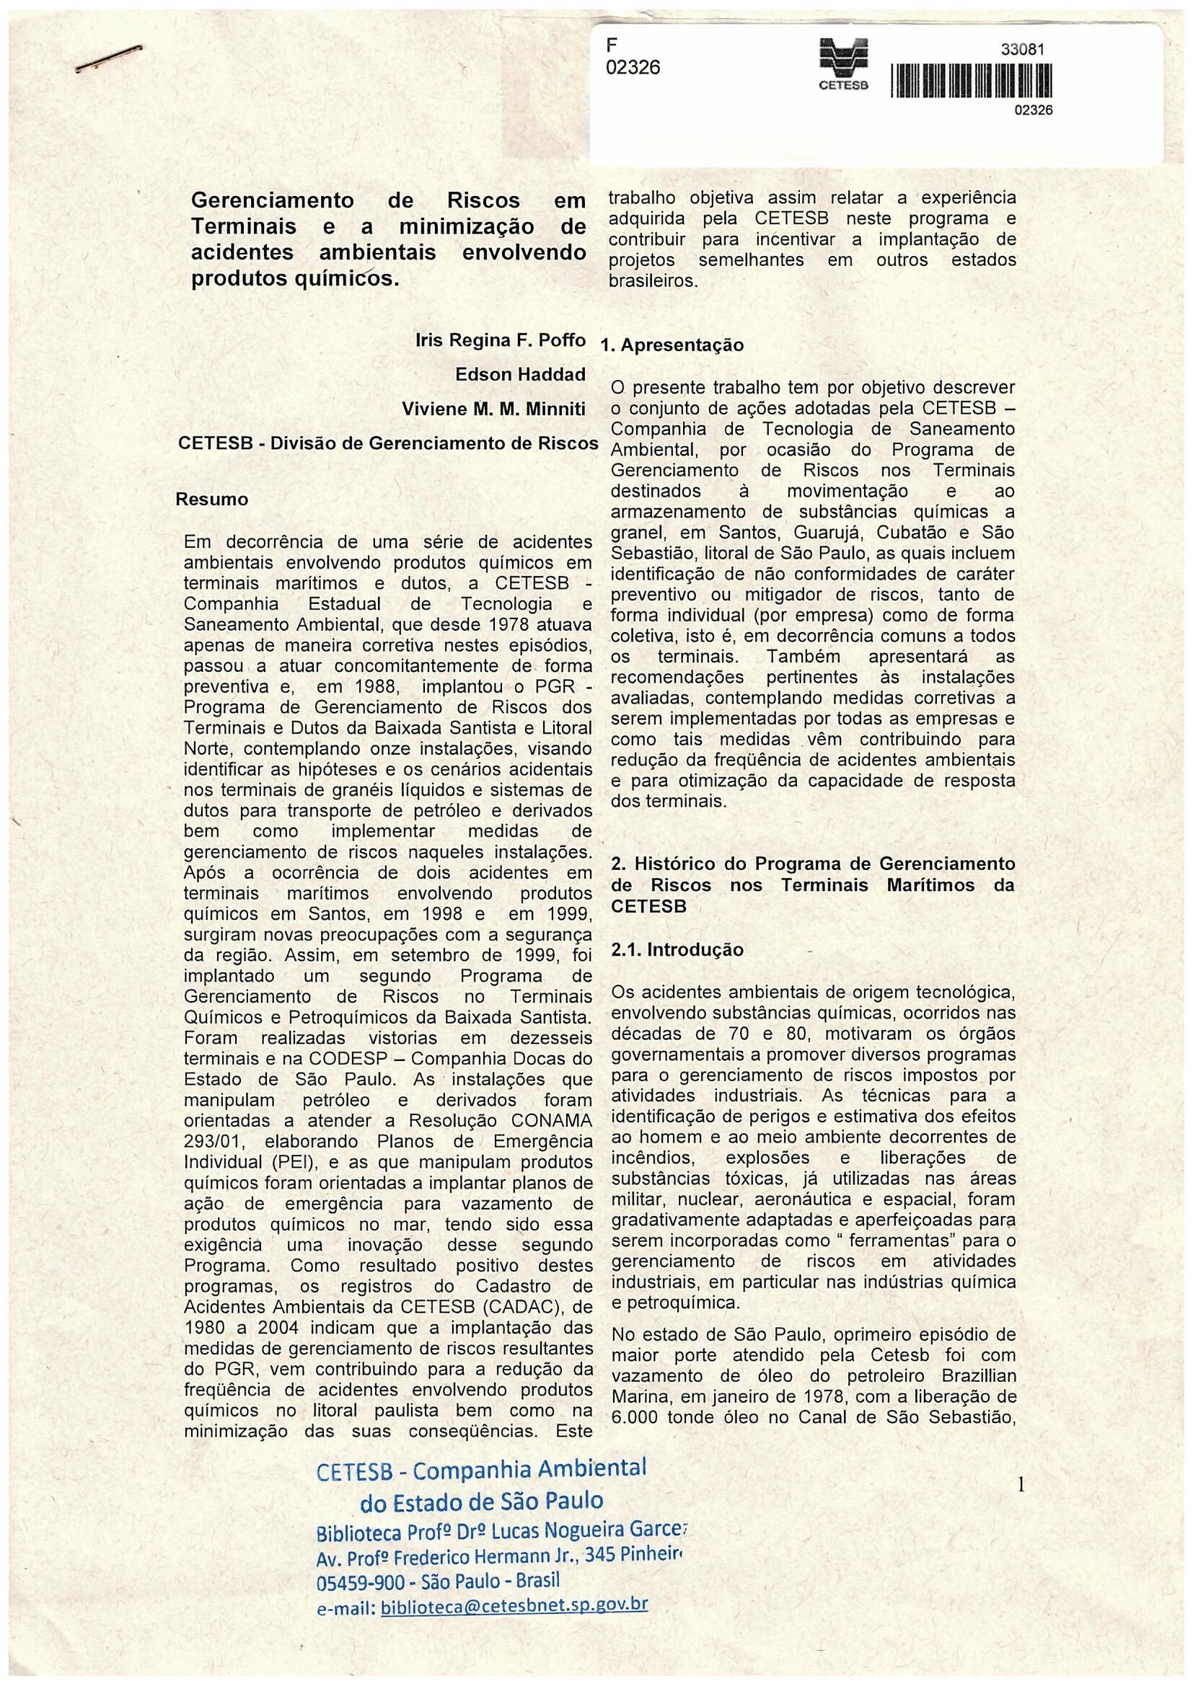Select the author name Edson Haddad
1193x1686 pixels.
[x=520, y=375]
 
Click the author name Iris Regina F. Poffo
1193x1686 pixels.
[x=501, y=340]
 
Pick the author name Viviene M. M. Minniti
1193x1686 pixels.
[x=493, y=409]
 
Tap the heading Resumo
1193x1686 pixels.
[x=211, y=500]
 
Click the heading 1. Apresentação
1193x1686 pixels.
[x=672, y=345]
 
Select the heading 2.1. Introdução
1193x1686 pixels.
[x=677, y=950]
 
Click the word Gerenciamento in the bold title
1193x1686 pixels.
[x=272, y=200]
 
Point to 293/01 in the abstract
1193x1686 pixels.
[x=213, y=1142]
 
